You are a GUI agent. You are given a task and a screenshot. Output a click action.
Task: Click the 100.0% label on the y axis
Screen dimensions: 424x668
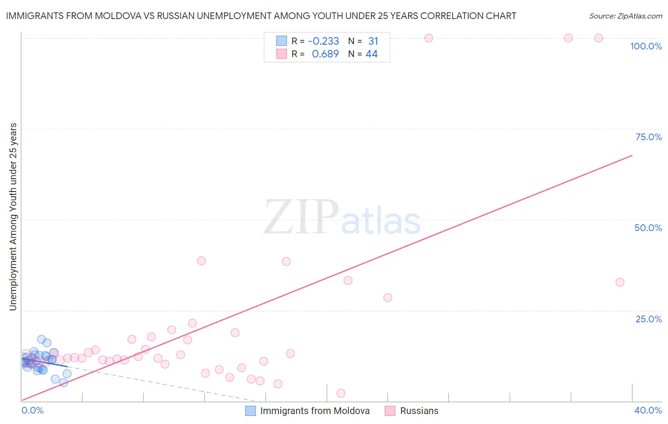tap(646, 46)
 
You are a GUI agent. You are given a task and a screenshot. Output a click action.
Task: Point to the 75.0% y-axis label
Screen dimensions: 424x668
tap(649, 137)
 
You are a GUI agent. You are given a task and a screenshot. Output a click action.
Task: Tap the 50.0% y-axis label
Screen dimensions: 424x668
tap(648, 228)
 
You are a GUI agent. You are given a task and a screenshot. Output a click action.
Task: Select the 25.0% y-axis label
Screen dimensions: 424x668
tap(649, 318)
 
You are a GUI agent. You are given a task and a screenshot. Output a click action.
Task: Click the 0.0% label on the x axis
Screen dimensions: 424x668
tap(32, 410)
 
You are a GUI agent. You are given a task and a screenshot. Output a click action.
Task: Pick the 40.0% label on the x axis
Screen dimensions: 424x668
tap(648, 410)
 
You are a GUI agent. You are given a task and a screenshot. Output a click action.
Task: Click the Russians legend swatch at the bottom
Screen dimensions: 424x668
tap(390, 411)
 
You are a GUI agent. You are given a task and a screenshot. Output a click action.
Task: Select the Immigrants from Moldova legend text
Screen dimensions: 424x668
tap(315, 411)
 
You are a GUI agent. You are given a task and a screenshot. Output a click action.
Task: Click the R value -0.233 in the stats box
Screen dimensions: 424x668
tap(324, 41)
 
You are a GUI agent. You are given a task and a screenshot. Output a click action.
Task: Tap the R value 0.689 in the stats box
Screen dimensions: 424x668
tap(325, 54)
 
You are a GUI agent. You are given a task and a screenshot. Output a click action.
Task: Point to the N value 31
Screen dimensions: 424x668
tap(373, 41)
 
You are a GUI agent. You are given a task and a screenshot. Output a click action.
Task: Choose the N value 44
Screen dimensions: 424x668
tap(372, 54)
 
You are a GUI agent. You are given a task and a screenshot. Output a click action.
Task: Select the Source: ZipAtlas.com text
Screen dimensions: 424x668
tap(625, 16)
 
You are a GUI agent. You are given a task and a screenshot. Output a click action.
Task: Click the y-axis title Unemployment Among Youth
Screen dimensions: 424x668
tap(13, 217)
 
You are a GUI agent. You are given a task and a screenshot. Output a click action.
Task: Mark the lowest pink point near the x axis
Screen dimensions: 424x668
tap(341, 393)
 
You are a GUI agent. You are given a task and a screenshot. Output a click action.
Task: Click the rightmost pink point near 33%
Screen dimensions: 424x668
tap(620, 282)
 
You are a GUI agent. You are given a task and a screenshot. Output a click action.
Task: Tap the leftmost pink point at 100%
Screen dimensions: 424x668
tap(429, 38)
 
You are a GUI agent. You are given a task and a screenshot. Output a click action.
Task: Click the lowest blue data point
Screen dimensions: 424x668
tap(63, 383)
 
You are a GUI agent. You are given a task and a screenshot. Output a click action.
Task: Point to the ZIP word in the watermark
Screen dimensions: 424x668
tap(301, 217)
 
